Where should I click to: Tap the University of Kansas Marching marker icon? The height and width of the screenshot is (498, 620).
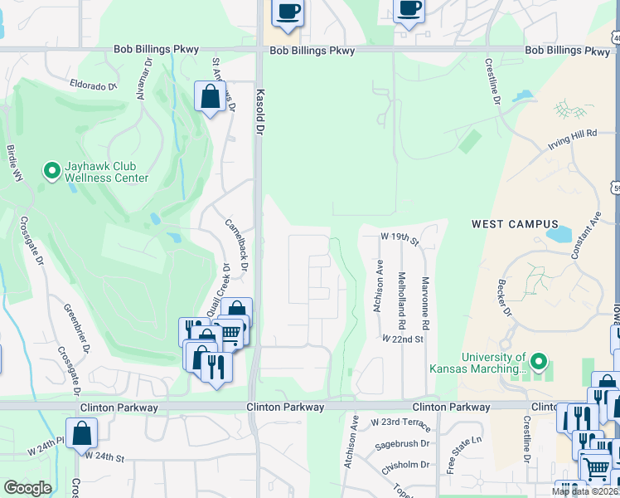pos(539,361)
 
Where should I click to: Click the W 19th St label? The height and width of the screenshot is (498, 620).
pos(400,237)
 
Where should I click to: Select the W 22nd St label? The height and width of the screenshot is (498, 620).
pos(403,339)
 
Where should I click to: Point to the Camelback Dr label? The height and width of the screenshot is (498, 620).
pos(237,245)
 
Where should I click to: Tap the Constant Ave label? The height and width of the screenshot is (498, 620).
pos(585,234)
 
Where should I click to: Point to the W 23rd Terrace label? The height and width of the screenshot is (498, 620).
pos(401,423)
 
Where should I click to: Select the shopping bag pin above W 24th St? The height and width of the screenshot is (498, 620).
pos(81,433)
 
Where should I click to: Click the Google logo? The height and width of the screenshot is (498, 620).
pos(28,488)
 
